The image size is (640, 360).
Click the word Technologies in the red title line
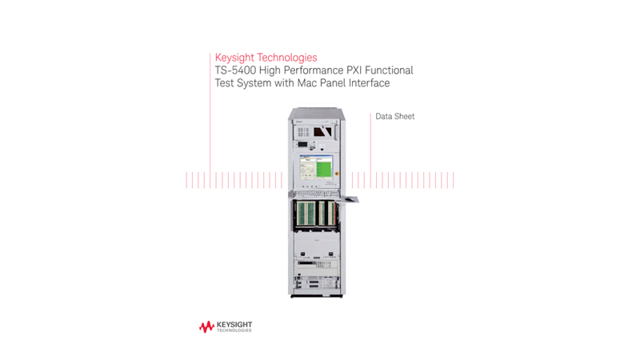286,58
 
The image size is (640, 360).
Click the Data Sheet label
395,117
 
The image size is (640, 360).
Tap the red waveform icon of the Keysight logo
206,326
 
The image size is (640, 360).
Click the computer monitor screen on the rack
316,168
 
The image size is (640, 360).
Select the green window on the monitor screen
324,168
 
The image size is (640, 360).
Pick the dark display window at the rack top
322,130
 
